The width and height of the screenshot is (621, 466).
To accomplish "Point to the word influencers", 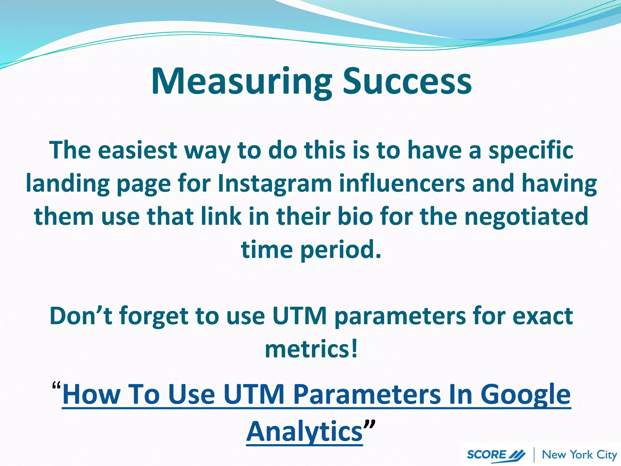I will (402, 184).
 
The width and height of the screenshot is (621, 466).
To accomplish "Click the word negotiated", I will (526, 217).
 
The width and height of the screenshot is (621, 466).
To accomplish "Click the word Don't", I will (81, 316).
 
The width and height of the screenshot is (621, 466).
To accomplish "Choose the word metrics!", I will (311, 349).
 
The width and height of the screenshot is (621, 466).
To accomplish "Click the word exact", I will (542, 316).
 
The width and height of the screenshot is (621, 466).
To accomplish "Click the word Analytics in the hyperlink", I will (304, 431).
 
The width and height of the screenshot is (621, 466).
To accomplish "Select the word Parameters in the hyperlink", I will (367, 394).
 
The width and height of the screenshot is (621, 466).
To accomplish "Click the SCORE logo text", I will (486, 455).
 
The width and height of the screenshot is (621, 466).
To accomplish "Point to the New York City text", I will (579, 455).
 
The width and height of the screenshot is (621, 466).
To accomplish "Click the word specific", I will (531, 150).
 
